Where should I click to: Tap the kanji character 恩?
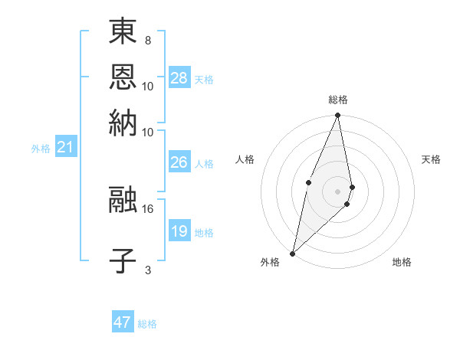[x=123, y=77]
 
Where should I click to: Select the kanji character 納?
[x=123, y=123]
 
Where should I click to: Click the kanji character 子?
[x=123, y=260]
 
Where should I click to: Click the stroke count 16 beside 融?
[x=148, y=208]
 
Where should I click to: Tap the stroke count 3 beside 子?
[x=147, y=269]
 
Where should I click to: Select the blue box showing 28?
[x=179, y=78]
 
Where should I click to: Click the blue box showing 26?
[x=179, y=162]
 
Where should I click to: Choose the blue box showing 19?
[x=179, y=231]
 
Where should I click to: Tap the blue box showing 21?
[x=65, y=147]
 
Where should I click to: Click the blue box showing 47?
[x=123, y=322]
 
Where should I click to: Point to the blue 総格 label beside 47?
[x=147, y=324]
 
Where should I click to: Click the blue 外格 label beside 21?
[x=40, y=149]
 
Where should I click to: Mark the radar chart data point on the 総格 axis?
[x=337, y=116]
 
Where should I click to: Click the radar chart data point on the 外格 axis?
[x=293, y=253]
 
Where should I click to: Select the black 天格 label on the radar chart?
[x=431, y=159]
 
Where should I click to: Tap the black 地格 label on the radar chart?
[x=402, y=262]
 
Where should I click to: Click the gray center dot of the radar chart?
[x=337, y=191]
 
